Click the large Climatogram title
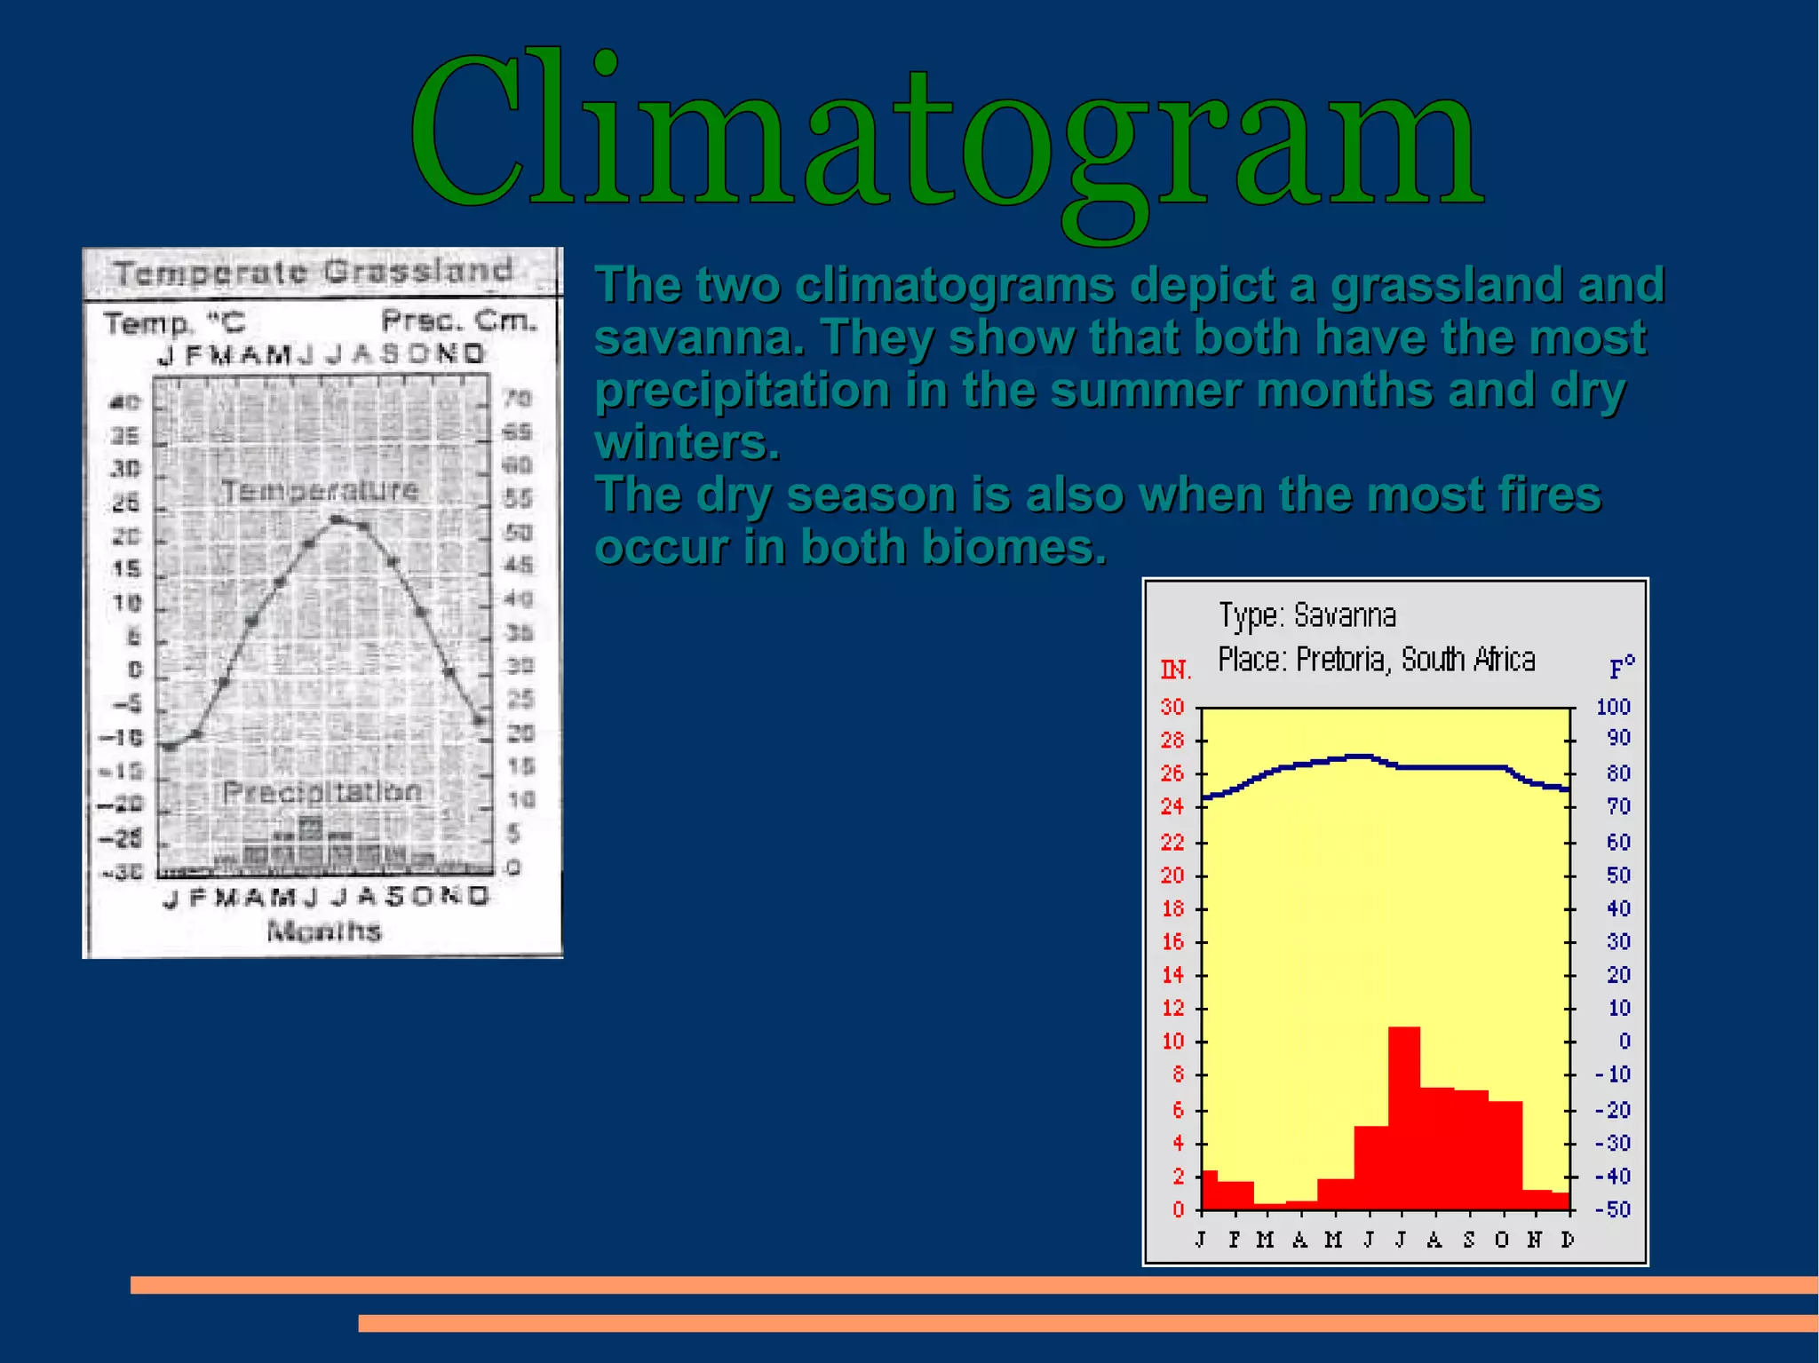click(x=946, y=133)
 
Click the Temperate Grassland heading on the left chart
click(x=313, y=272)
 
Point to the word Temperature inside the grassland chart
click(x=319, y=490)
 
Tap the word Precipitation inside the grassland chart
click(x=322, y=791)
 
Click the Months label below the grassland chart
click(x=323, y=931)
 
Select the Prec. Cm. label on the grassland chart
click(x=458, y=320)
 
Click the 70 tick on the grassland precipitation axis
click(x=518, y=398)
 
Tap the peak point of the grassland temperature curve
click(x=337, y=519)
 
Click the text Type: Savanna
click(x=1307, y=615)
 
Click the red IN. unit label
click(x=1175, y=670)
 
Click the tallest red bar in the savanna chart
click(x=1403, y=1119)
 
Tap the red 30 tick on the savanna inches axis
click(x=1172, y=707)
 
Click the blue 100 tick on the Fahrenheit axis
click(x=1613, y=707)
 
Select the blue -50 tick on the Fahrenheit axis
click(x=1613, y=1209)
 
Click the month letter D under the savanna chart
click(x=1568, y=1240)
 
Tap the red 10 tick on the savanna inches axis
click(x=1172, y=1042)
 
